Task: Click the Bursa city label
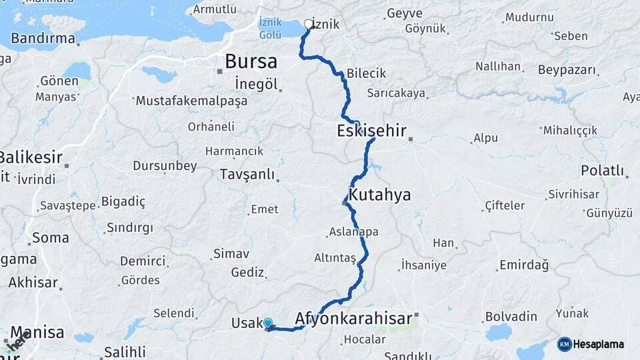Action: pyautogui.click(x=251, y=61)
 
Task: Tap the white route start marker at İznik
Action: pyautogui.click(x=309, y=25)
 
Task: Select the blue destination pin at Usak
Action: pyautogui.click(x=268, y=323)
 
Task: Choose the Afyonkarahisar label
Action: pyautogui.click(x=353, y=318)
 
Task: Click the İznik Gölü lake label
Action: pyautogui.click(x=270, y=28)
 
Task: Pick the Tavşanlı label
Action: pyautogui.click(x=247, y=175)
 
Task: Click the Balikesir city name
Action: pyautogui.click(x=30, y=158)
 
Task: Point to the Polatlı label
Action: pyautogui.click(x=602, y=171)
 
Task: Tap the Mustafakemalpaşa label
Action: pyautogui.click(x=191, y=101)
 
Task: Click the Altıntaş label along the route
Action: pyautogui.click(x=335, y=258)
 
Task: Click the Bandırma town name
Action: pyautogui.click(x=43, y=38)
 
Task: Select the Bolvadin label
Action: pyautogui.click(x=511, y=315)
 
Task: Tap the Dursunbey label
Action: pyautogui.click(x=165, y=166)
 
